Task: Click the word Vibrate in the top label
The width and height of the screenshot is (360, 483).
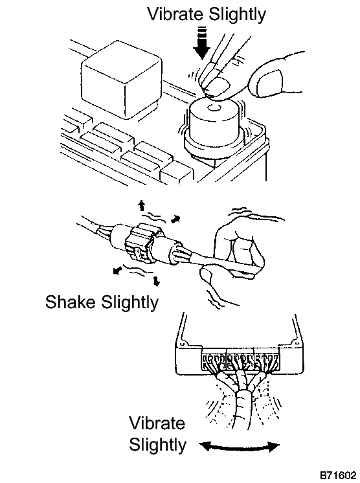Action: click(x=175, y=14)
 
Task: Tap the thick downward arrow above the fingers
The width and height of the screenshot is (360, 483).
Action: click(x=201, y=43)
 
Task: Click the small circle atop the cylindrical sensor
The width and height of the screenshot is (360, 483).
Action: click(x=213, y=108)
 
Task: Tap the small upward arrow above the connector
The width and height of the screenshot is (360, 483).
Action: click(x=141, y=206)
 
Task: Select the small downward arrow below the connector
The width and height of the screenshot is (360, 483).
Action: click(x=157, y=280)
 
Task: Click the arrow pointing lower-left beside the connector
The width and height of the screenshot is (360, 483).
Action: click(x=117, y=271)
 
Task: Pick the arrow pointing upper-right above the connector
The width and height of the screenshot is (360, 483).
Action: click(x=175, y=219)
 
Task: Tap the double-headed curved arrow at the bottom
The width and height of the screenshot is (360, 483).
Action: click(x=240, y=445)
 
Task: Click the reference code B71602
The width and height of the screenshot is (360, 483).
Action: click(x=338, y=475)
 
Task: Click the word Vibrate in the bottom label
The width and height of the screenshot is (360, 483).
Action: click(x=157, y=423)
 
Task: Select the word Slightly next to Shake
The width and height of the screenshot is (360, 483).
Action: click(x=129, y=303)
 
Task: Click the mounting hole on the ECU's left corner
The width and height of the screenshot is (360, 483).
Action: click(x=182, y=344)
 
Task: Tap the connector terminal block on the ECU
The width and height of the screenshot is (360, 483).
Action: click(x=240, y=363)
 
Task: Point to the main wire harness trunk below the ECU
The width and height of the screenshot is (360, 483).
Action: click(x=243, y=410)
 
